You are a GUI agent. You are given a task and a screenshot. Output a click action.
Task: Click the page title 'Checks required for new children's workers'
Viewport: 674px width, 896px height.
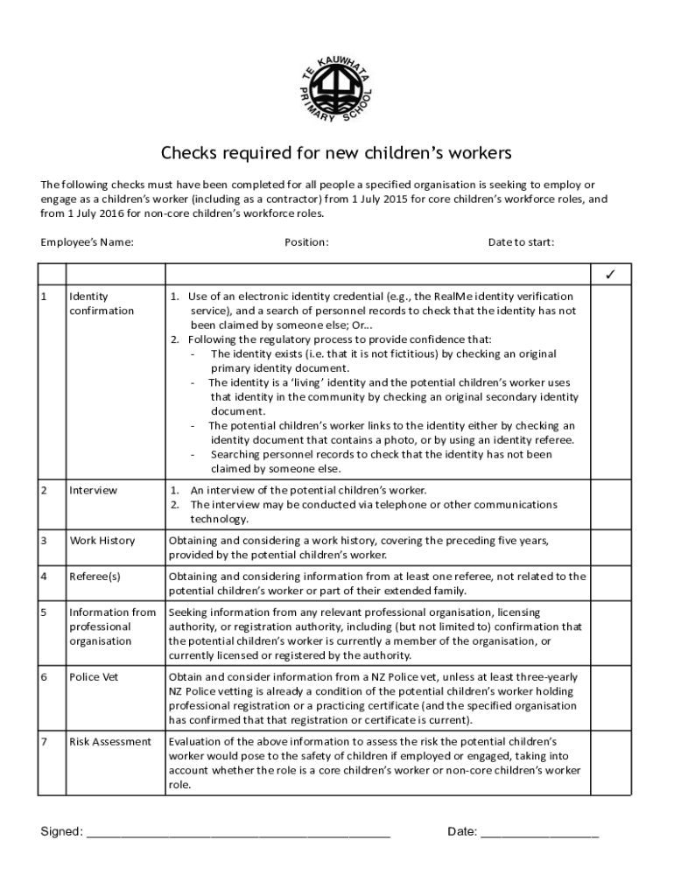click(x=336, y=154)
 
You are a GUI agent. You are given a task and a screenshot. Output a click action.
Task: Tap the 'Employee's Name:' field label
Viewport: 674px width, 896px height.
click(x=88, y=242)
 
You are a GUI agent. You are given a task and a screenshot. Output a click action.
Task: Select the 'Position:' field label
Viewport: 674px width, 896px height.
click(x=306, y=242)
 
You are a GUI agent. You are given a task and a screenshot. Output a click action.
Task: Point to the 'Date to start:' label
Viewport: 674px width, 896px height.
click(x=521, y=242)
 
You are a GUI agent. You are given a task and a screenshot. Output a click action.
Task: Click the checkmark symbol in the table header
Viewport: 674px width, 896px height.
click(x=610, y=276)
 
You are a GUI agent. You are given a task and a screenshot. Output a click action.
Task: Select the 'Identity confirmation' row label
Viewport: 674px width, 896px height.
click(x=102, y=304)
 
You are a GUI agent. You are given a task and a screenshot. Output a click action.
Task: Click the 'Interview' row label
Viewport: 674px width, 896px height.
click(x=93, y=490)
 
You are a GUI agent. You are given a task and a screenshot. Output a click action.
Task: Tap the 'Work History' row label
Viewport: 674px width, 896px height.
click(x=102, y=541)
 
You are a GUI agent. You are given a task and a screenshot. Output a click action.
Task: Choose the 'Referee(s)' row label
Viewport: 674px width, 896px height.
click(x=95, y=577)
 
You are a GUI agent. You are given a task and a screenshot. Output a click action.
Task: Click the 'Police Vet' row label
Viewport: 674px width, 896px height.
click(x=94, y=677)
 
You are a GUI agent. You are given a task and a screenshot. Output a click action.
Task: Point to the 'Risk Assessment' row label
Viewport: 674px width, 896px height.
click(x=110, y=742)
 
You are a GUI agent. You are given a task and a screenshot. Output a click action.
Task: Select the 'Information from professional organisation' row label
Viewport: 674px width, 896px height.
click(x=112, y=626)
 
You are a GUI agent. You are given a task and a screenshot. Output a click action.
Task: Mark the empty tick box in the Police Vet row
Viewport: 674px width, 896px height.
click(x=610, y=698)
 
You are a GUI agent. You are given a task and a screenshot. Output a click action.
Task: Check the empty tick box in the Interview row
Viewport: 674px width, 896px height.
click(x=610, y=504)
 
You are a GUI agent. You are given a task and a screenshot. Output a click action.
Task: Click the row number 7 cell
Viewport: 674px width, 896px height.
click(x=51, y=742)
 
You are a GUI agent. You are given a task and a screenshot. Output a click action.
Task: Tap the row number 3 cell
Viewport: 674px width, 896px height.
click(x=51, y=541)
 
